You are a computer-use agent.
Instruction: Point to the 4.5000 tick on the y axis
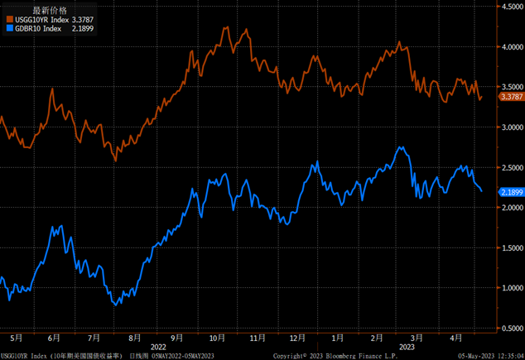508,6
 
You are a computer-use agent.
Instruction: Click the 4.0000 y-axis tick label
508,46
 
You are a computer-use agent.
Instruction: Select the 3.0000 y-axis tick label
508,127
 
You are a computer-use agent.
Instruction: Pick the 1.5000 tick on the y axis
508,248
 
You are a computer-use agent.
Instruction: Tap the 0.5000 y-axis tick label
508,329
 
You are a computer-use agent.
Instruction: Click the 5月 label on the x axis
15,338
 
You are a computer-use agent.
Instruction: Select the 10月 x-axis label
217,338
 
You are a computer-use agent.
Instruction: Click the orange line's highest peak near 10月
225,27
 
